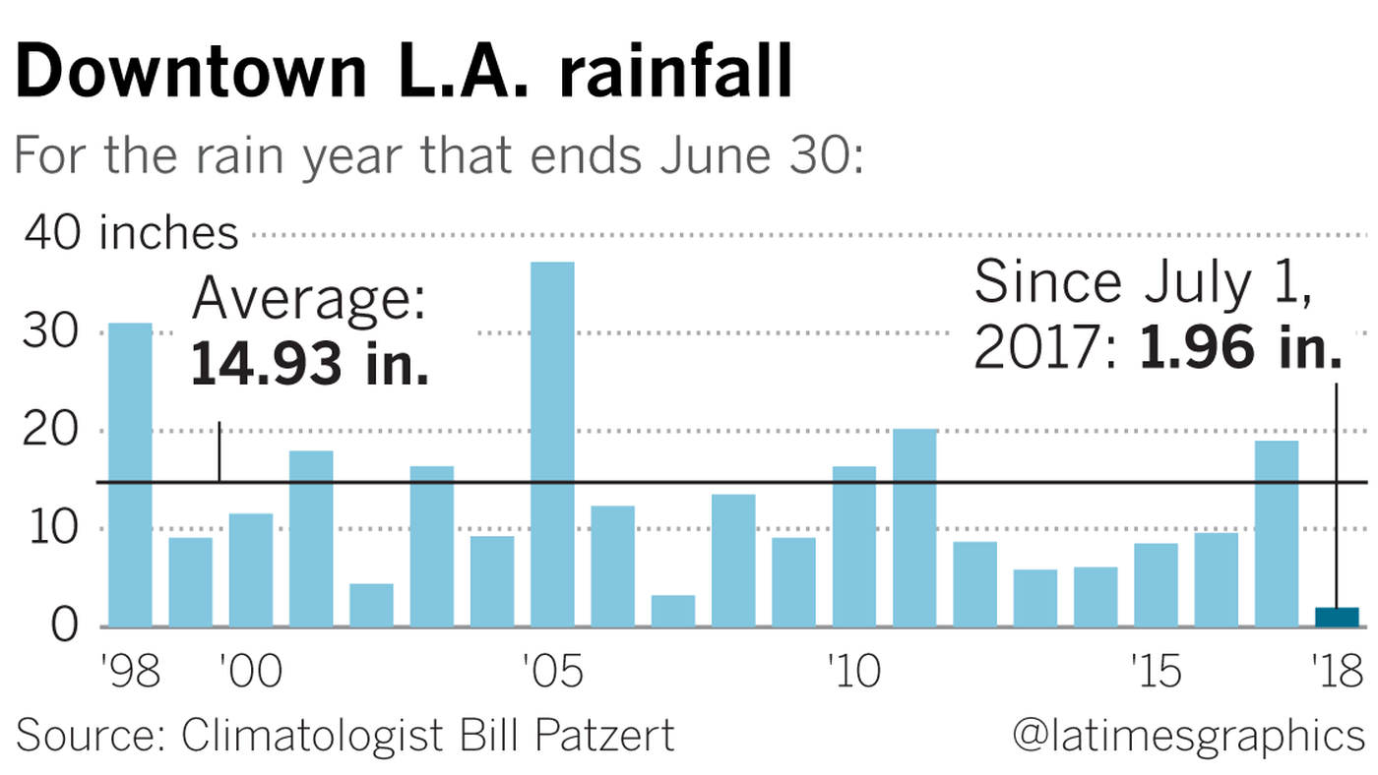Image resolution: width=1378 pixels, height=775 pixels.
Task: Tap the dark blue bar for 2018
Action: (1337, 618)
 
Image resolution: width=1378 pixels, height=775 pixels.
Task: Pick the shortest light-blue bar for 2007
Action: (673, 611)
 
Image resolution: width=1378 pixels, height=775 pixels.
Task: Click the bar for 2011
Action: (914, 528)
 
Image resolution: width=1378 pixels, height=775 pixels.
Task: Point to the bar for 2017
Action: (1277, 534)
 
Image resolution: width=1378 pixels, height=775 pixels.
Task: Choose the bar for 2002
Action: (371, 606)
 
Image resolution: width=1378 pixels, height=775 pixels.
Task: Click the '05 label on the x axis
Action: (552, 674)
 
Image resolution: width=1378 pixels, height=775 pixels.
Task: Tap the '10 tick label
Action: (853, 674)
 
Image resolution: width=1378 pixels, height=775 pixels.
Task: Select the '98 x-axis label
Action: (130, 674)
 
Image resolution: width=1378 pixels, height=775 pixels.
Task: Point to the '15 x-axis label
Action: (1155, 674)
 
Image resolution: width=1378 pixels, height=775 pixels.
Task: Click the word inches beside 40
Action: (168, 234)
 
